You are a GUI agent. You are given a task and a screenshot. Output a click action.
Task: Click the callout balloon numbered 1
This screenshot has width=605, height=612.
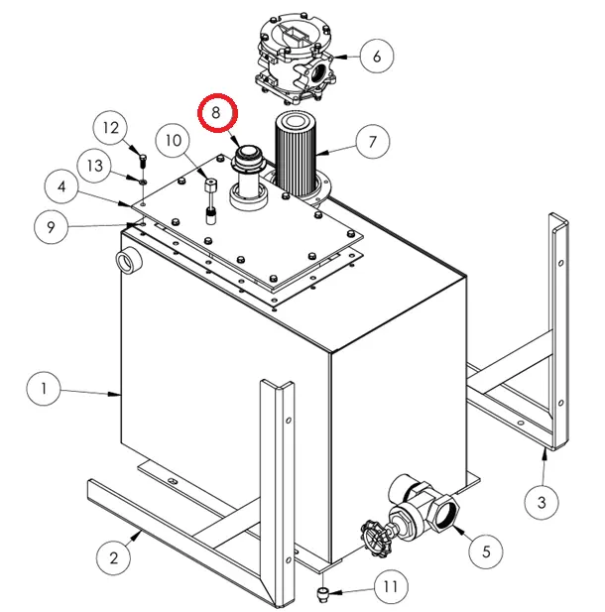(x=44, y=388)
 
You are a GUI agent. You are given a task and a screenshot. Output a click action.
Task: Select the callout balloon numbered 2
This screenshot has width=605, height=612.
(x=114, y=557)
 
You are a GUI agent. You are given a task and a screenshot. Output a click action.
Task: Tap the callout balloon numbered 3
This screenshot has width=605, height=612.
(x=542, y=503)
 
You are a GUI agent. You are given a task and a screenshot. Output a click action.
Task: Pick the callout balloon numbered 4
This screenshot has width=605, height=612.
(x=61, y=185)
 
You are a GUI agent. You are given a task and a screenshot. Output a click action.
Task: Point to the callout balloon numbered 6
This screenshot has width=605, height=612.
(x=376, y=57)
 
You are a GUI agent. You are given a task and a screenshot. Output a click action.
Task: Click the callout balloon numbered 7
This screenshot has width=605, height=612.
(x=372, y=142)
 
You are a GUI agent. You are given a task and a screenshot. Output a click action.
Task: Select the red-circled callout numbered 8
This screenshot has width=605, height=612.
(x=216, y=114)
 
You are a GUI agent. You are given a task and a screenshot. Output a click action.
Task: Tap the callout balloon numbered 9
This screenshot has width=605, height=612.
(x=52, y=228)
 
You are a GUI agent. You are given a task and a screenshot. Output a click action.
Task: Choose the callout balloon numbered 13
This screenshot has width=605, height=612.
(x=95, y=166)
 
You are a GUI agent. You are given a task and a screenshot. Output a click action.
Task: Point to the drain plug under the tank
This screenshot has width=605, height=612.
(x=321, y=593)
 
